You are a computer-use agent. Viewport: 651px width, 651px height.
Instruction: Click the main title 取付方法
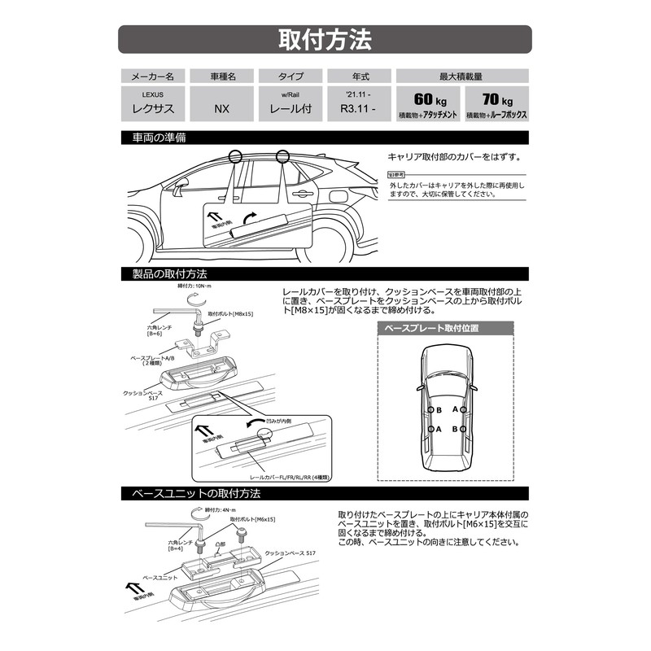click(x=325, y=39)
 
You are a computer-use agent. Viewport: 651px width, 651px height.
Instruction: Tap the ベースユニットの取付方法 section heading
click(x=190, y=494)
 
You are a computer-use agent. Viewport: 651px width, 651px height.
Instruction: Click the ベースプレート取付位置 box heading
click(x=445, y=329)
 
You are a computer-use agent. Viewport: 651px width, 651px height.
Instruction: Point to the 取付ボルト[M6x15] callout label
click(x=252, y=518)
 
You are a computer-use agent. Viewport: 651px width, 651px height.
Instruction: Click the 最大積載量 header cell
click(x=461, y=76)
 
